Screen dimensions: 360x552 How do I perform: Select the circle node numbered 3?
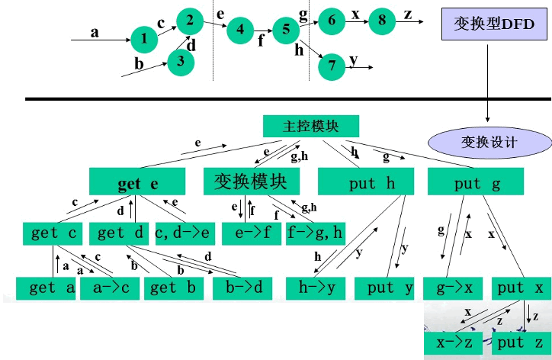click(181, 61)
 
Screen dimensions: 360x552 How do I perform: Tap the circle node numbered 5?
click(286, 30)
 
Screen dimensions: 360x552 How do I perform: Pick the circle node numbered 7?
click(332, 66)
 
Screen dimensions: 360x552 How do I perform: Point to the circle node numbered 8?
click(383, 21)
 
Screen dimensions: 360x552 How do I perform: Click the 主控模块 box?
click(310, 127)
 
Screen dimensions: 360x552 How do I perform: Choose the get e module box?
click(137, 183)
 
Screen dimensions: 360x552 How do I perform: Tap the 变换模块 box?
click(252, 182)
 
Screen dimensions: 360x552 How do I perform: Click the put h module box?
click(365, 183)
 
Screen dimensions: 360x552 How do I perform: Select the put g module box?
click(477, 183)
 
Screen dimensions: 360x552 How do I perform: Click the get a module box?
click(46, 288)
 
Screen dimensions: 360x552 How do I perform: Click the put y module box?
click(390, 288)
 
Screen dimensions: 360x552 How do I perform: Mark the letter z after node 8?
click(408, 14)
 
